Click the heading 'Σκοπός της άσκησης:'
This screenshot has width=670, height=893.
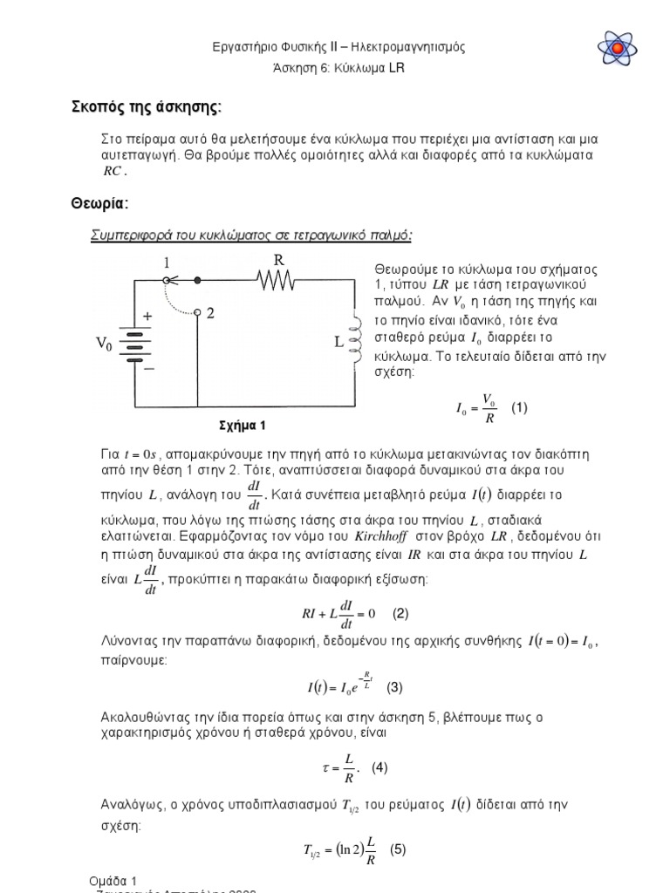[x=146, y=107]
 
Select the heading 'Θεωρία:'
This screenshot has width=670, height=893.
[x=99, y=203]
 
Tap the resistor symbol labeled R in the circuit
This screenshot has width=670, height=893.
[x=275, y=280]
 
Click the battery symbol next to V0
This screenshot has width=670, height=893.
[x=133, y=344]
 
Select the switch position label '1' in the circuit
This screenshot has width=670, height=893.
[x=165, y=262]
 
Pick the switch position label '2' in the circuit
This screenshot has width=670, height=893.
[x=209, y=312]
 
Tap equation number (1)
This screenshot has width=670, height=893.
[x=520, y=408]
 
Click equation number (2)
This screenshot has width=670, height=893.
[x=400, y=613]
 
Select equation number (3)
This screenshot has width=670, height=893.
[x=395, y=687]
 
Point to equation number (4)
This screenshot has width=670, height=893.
[x=379, y=767]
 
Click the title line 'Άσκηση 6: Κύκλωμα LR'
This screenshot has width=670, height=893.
[x=334, y=67]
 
